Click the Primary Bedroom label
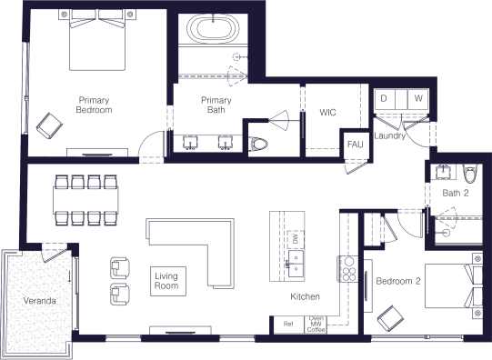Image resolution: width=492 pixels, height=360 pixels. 94,105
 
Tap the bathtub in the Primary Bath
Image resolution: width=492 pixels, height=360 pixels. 211,30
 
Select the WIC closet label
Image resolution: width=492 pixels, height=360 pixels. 328,114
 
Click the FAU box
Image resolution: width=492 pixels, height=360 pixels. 354,144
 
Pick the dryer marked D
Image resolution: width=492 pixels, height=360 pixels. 384,97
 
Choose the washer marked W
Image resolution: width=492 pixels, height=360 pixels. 417,97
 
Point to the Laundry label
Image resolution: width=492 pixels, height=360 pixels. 390,135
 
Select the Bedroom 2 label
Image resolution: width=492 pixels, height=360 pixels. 398,281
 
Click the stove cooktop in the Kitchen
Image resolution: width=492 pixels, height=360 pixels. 348,266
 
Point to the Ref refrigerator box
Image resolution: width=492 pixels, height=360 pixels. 287,324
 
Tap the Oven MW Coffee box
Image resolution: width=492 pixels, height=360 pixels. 316,324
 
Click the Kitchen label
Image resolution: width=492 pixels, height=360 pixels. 305,297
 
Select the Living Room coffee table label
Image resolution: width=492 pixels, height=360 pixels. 166,281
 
